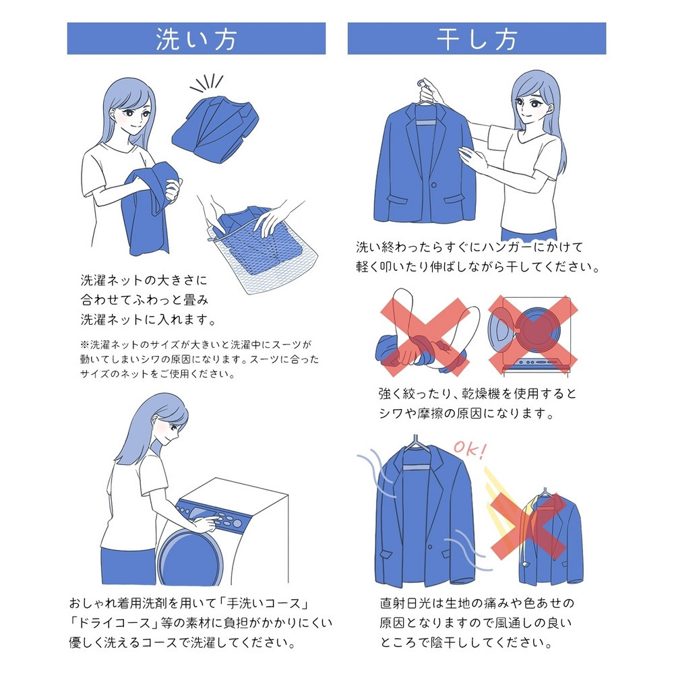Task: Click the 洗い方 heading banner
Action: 196,39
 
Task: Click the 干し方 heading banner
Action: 477,39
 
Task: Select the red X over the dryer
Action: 532,333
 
